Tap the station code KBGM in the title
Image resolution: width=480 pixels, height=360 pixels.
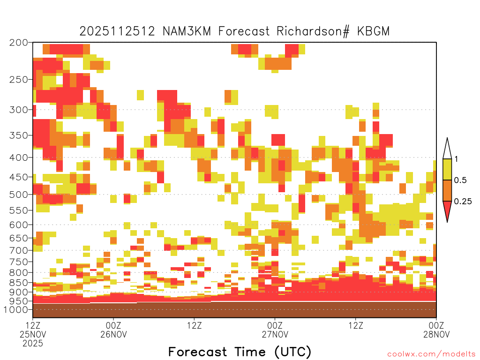[x=374, y=31]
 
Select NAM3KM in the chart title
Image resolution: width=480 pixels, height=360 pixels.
[x=187, y=31]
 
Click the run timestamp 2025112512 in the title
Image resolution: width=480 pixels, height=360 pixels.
[x=117, y=31]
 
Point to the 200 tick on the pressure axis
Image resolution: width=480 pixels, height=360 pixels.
[x=19, y=43]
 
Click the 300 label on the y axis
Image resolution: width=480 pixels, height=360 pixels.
[x=19, y=110]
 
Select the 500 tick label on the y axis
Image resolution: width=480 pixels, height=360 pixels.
[x=19, y=195]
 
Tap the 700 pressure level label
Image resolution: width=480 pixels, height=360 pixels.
[x=19, y=250]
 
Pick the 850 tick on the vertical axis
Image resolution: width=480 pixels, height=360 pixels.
[x=19, y=283]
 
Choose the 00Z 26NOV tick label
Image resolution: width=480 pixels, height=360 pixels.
[x=113, y=330]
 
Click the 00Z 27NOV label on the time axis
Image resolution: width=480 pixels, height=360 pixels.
[x=275, y=330]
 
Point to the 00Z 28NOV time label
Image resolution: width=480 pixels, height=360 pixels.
[x=436, y=330]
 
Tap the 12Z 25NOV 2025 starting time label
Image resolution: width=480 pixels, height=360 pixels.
[x=33, y=334]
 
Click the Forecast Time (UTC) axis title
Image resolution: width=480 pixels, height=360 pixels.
[x=240, y=352]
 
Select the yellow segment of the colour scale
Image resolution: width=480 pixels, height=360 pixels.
[x=447, y=169]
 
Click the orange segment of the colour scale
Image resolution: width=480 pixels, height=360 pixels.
[x=447, y=190]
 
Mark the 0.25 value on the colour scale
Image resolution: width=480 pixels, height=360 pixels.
[x=463, y=201]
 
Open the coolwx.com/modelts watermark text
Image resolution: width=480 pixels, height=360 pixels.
[x=431, y=354]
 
